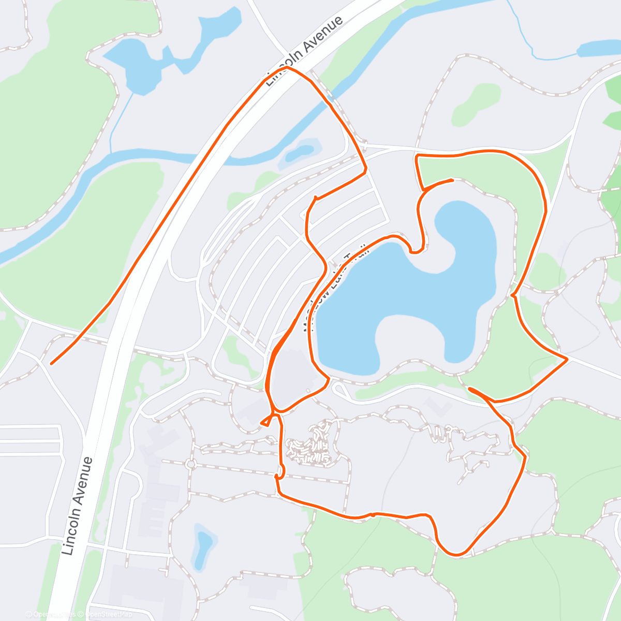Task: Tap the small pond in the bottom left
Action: point(203,544)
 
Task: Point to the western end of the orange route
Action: point(51,363)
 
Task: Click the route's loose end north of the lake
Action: point(453,180)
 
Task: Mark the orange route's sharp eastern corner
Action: point(567,359)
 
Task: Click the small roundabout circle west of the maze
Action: point(191,464)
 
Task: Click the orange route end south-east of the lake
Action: point(469,388)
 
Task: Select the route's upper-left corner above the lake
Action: point(417,155)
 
